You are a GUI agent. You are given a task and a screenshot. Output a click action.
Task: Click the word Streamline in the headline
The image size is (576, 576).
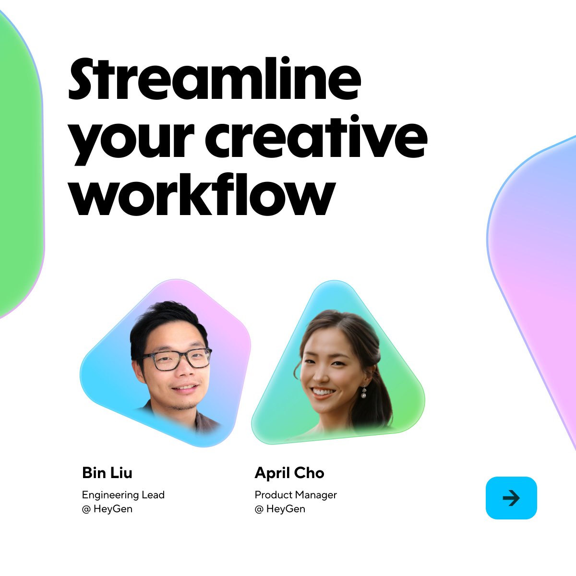215,78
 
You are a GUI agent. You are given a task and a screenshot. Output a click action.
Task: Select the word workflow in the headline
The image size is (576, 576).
202,194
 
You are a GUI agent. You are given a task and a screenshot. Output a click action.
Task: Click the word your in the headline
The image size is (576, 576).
131,143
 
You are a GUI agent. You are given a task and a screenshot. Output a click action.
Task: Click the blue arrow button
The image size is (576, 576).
511,498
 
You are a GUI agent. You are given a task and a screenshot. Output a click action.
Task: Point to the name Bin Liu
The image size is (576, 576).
107,473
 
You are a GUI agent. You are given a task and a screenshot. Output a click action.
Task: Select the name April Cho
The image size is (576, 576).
289,473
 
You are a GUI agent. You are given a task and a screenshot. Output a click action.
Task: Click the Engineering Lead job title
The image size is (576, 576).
123,495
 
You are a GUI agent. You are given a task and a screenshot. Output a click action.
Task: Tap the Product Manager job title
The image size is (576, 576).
296,495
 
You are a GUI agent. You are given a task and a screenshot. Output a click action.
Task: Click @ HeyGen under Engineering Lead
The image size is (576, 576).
107,509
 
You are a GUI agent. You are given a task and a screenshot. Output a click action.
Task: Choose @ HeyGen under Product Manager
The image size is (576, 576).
280,509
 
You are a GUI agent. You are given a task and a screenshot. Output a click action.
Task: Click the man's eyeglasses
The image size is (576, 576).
176,359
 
